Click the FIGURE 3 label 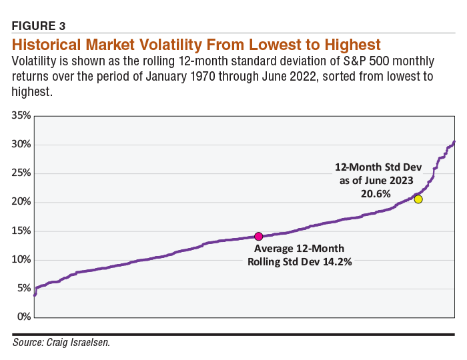click(x=39, y=27)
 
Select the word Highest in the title click(x=347, y=45)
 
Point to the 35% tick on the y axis click(x=21, y=115)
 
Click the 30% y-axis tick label click(x=21, y=145)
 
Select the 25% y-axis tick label click(x=21, y=173)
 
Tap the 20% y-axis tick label click(x=21, y=202)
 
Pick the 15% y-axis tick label click(x=21, y=231)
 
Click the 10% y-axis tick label click(x=21, y=259)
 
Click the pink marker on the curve click(x=258, y=236)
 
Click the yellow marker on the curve click(x=418, y=199)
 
